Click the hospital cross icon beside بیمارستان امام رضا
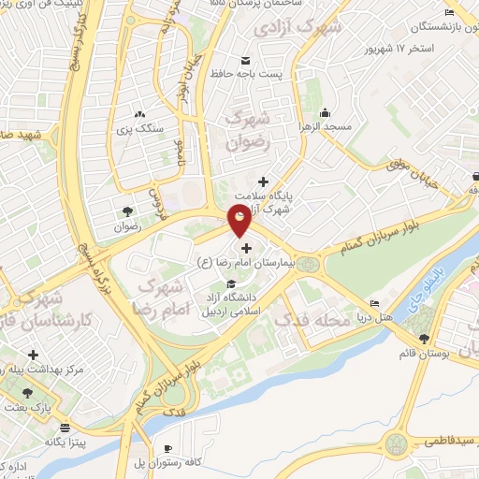click(246, 248)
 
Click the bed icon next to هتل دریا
click(375, 304)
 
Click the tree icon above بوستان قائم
click(425, 338)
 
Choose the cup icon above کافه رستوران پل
click(167, 448)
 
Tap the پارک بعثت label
click(28, 408)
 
